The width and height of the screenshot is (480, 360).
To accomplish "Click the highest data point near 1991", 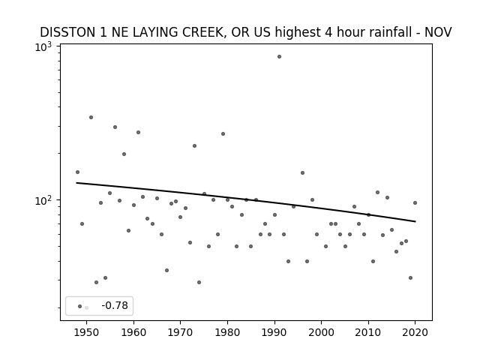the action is (x=279, y=57).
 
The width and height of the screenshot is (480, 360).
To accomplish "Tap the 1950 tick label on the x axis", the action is (x=87, y=332).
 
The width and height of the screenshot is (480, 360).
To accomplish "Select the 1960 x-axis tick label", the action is (x=133, y=332).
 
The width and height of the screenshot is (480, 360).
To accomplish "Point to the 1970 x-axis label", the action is (x=180, y=332).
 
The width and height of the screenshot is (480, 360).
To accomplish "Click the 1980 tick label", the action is (x=227, y=332).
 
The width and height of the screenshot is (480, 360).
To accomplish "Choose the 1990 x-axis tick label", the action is (x=274, y=332).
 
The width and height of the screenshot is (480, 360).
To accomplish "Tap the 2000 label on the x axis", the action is (x=321, y=332).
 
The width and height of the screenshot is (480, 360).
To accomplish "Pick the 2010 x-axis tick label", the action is (x=368, y=332).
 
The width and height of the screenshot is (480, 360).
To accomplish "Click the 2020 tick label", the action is (x=415, y=332).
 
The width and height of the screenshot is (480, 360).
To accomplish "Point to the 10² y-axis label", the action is (x=43, y=201).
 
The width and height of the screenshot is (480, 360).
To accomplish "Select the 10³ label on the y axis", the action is (x=43, y=47).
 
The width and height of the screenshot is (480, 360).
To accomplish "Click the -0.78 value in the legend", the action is (x=115, y=305).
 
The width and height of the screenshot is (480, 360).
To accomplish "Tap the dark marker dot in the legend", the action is (x=80, y=307).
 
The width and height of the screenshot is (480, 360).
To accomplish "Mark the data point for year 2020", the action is (x=415, y=202).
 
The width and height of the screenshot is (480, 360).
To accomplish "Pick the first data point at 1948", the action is (x=77, y=172).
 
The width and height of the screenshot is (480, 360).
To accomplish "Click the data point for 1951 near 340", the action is (x=91, y=117).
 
